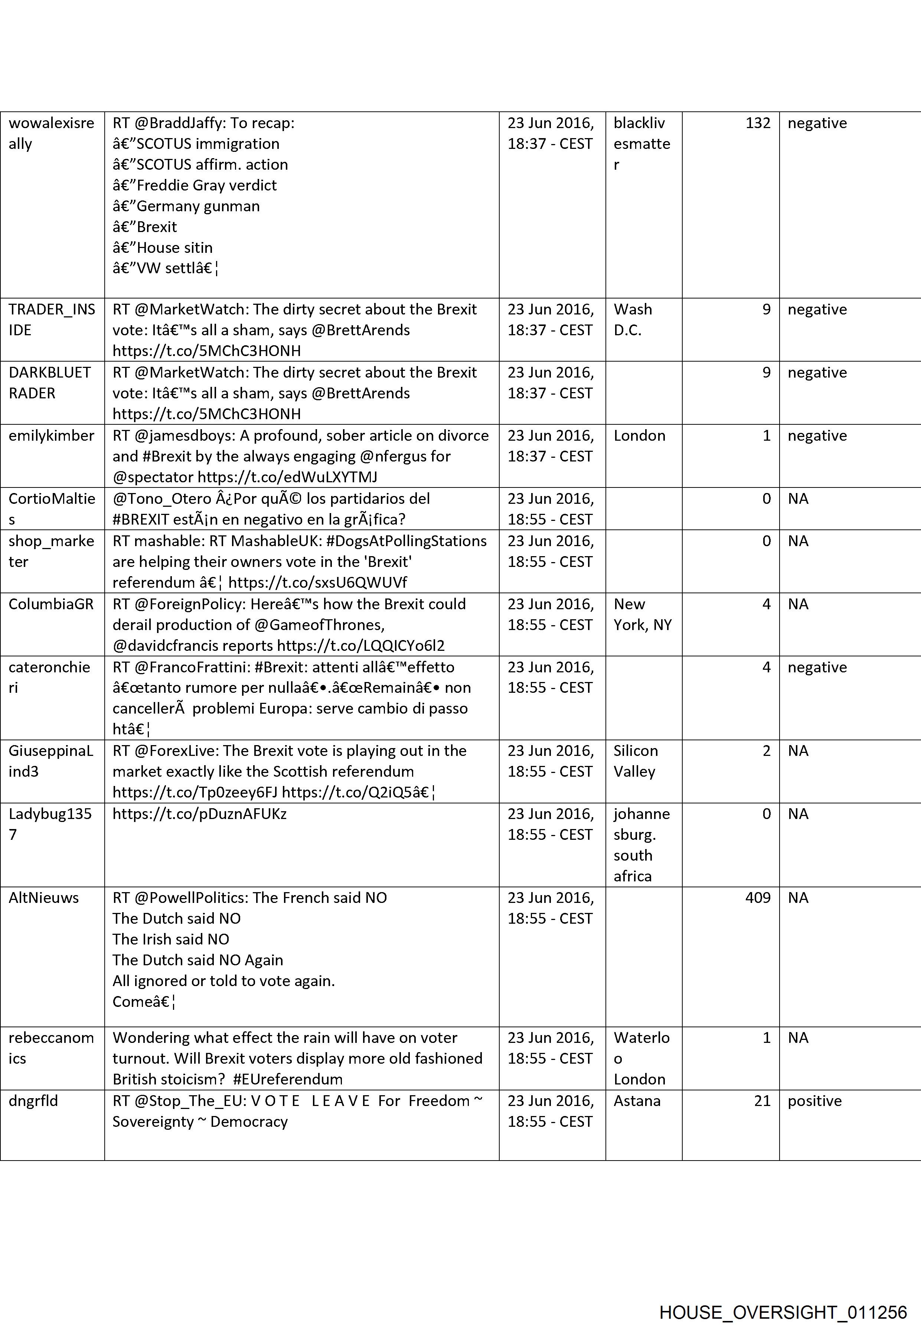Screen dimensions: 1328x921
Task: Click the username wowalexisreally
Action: [x=51, y=133]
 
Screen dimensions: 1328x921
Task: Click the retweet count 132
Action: [x=758, y=123]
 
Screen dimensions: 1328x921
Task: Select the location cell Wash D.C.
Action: [x=633, y=320]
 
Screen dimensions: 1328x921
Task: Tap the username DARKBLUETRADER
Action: [x=50, y=383]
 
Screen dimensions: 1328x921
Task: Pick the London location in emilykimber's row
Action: [x=639, y=436]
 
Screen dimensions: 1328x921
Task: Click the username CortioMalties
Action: [x=51, y=509]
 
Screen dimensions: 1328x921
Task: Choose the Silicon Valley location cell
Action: [x=635, y=761]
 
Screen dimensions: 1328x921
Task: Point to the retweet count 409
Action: [x=757, y=897]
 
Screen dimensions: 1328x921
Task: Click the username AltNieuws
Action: [x=43, y=897]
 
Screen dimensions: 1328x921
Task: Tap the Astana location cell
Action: [x=637, y=1101]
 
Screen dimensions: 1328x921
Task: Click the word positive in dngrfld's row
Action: [x=814, y=1101]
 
